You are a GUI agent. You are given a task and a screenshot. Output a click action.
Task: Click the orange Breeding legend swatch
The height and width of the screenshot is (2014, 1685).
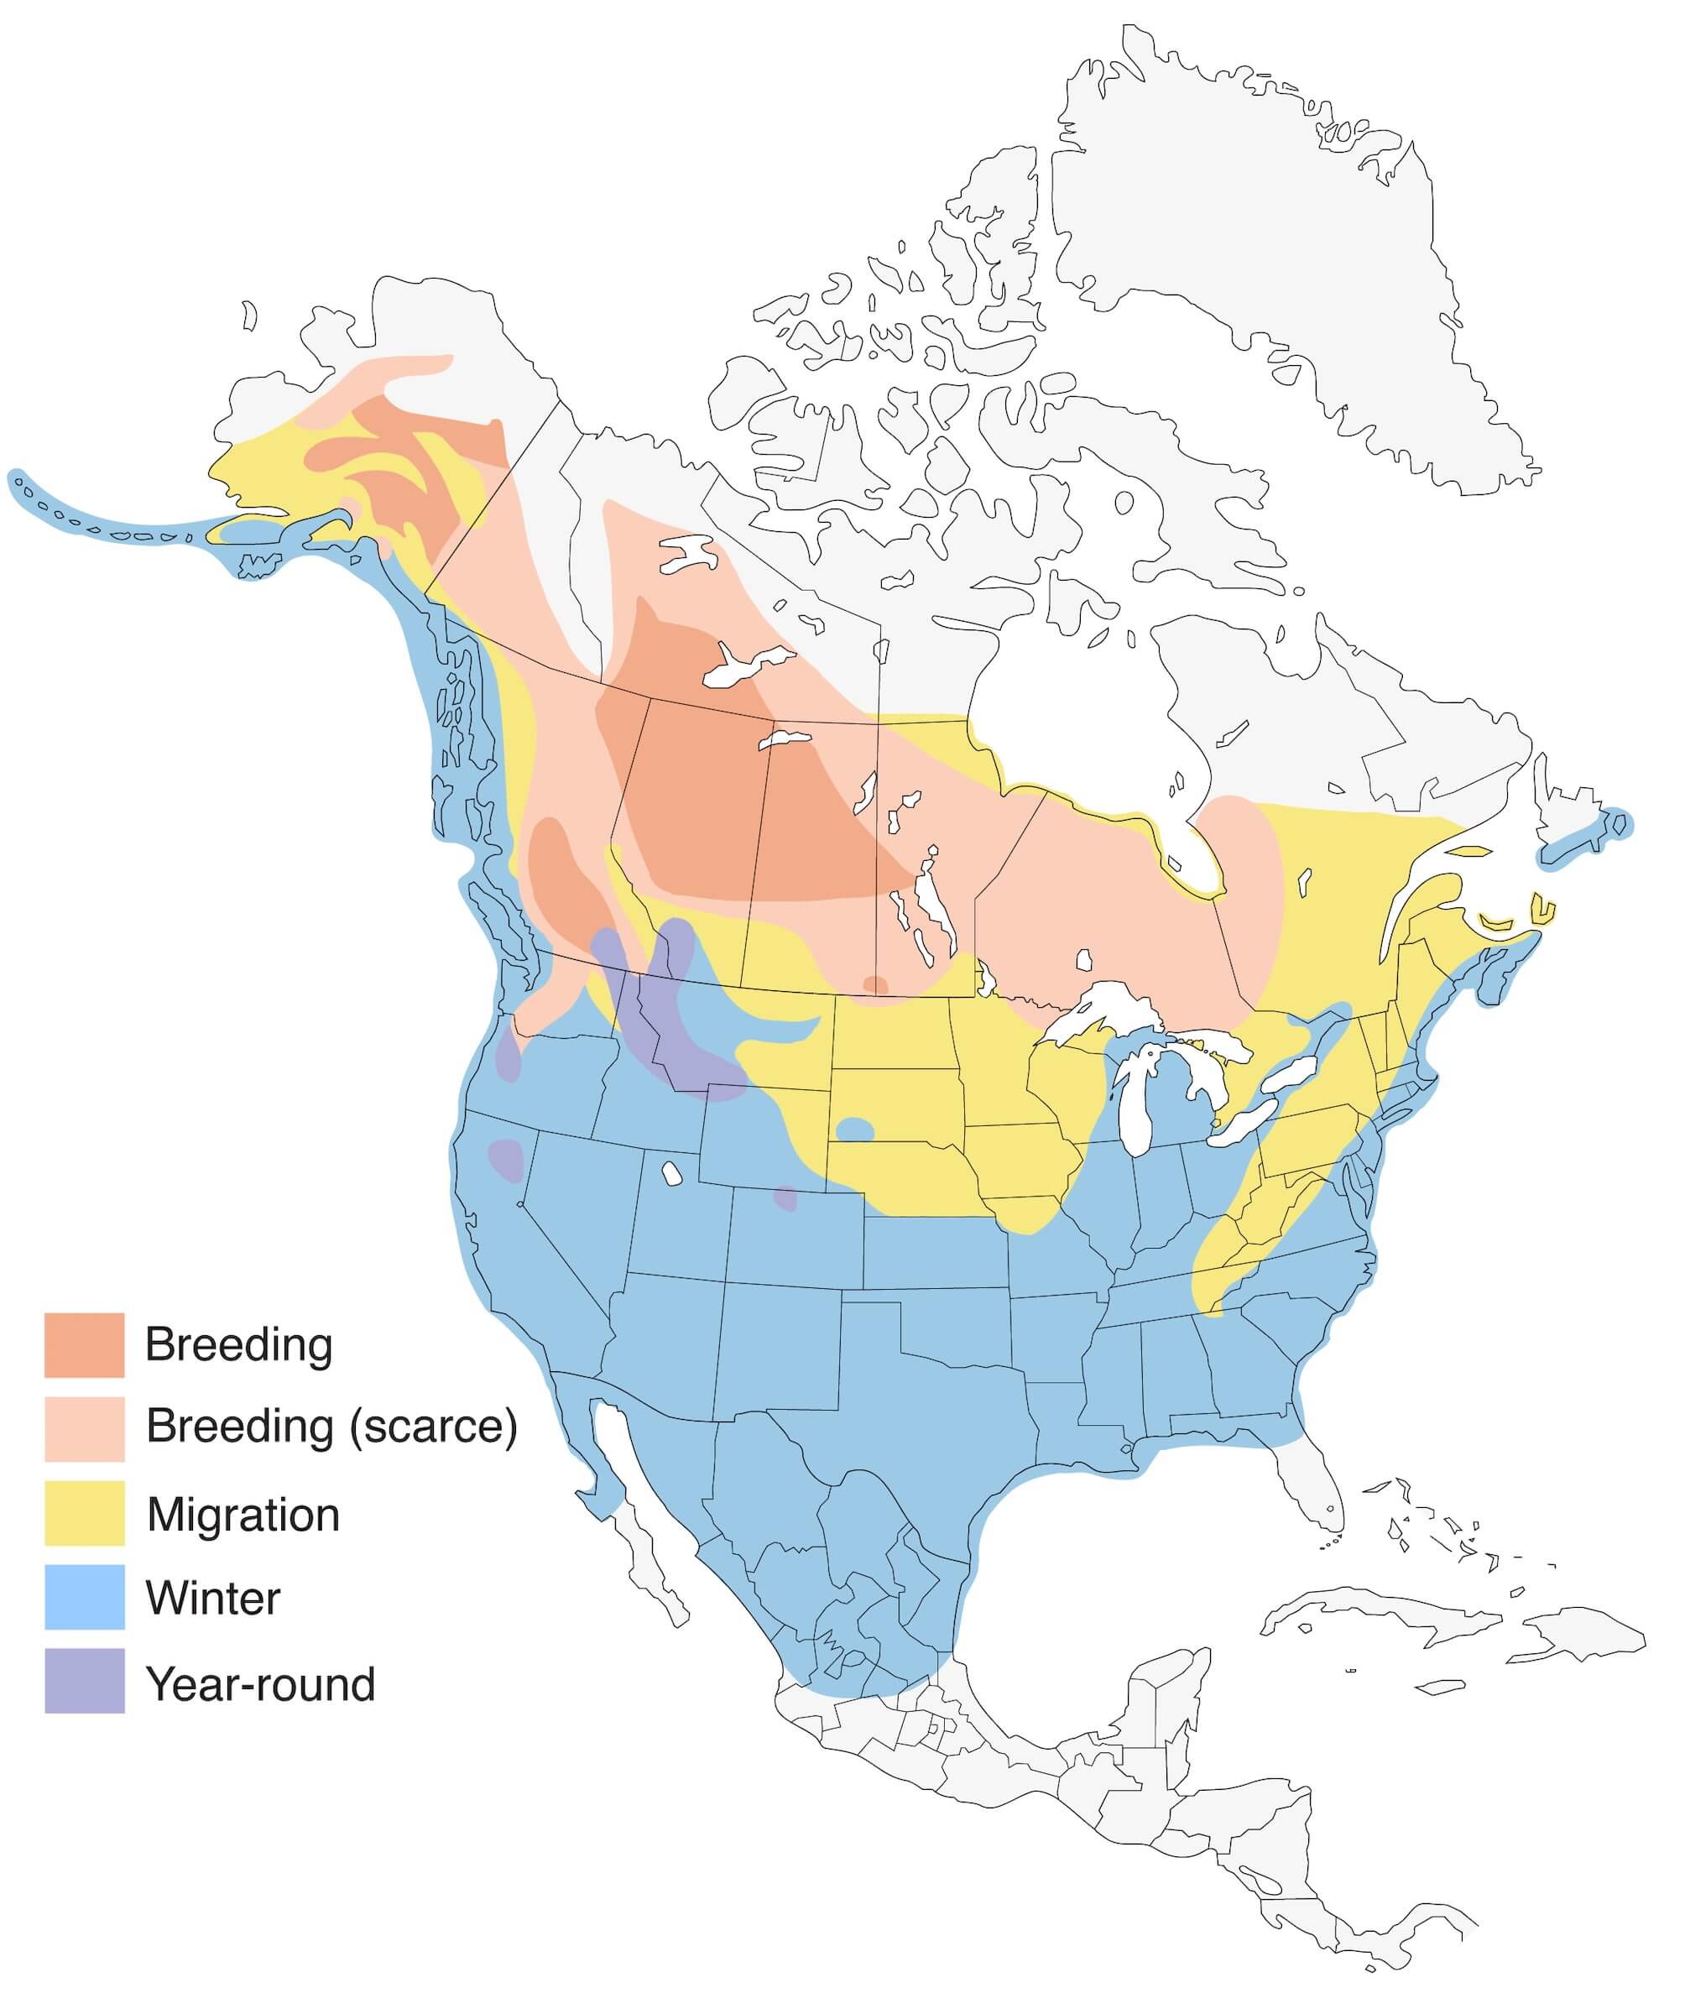click(85, 1344)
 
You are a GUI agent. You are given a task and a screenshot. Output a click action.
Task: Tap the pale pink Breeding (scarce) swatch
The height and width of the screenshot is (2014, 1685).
click(85, 1428)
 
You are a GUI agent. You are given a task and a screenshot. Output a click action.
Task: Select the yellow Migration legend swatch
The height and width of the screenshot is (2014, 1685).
click(85, 1512)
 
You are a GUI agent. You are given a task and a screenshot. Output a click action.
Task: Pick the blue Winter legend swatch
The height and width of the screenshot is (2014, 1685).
click(85, 1597)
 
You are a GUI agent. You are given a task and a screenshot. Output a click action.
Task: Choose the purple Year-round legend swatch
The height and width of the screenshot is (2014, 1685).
click(85, 1680)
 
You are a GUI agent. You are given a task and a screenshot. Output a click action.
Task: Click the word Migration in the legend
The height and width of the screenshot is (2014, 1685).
click(243, 1516)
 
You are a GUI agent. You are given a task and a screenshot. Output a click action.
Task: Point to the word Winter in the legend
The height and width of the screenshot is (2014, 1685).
click(213, 1599)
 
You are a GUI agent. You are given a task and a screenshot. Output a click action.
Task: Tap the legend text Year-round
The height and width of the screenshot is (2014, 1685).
click(260, 1684)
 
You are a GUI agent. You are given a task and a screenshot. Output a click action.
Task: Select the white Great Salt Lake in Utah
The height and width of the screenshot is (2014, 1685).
click(671, 1173)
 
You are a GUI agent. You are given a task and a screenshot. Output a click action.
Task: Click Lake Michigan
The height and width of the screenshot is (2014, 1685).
click(1136, 1103)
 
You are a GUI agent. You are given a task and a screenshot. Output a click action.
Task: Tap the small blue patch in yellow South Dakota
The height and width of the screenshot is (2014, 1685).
click(854, 1129)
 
